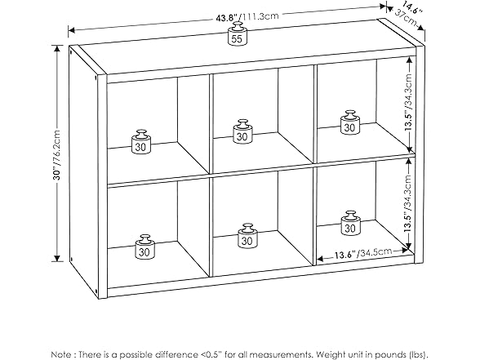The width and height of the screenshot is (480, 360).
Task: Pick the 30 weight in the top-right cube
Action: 350,122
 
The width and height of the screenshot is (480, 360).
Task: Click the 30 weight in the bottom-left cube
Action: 145,247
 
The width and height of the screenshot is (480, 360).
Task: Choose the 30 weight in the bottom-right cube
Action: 351,223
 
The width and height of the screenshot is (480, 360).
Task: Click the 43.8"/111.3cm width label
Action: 247,16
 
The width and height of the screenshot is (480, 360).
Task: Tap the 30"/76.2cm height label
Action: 56,155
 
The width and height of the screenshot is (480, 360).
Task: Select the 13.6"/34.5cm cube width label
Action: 362,253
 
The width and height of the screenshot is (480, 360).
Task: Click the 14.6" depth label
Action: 411,8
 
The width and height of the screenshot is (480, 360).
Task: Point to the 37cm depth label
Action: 406,18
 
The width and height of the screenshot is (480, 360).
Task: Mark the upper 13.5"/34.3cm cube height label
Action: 408,103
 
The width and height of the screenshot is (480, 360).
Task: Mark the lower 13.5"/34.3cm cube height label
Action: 408,203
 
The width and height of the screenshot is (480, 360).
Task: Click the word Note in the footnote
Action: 61,354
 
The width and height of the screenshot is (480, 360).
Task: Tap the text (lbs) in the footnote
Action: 418,354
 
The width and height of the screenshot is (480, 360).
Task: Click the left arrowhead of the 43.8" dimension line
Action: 71,30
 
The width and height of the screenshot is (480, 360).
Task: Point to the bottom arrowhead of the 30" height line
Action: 56,258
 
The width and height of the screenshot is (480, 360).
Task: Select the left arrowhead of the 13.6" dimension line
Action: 320,259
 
